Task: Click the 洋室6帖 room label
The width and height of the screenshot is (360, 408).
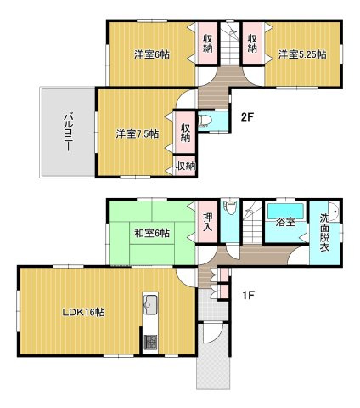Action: [x=152, y=54]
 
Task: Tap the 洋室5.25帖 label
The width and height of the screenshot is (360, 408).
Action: [x=302, y=54]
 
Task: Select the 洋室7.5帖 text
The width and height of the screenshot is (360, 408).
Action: [x=138, y=133]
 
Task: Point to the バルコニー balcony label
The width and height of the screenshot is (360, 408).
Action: [x=68, y=132]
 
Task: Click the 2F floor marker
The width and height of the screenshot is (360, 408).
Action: [x=247, y=117]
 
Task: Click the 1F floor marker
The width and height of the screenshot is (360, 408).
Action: [x=249, y=296]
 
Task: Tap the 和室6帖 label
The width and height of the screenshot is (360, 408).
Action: [x=152, y=233]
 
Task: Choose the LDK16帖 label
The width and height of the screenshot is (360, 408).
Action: [x=84, y=312]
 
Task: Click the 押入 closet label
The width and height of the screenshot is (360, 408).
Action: [x=208, y=222]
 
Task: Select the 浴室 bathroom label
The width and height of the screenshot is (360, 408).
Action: [x=286, y=222]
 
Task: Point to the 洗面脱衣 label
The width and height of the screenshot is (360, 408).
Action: [x=324, y=232]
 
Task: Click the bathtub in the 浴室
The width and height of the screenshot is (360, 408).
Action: [x=286, y=211]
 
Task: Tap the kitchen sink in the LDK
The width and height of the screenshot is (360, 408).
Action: [x=150, y=304]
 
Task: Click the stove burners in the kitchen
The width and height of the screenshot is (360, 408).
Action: [x=150, y=343]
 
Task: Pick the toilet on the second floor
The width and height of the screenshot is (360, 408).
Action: [x=205, y=122]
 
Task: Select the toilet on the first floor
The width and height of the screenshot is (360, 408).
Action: [x=230, y=207]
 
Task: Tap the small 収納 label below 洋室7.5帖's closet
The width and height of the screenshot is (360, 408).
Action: [x=186, y=166]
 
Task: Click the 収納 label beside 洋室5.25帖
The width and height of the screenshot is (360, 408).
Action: [x=252, y=43]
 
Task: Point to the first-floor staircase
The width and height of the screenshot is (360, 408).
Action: [x=252, y=222]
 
